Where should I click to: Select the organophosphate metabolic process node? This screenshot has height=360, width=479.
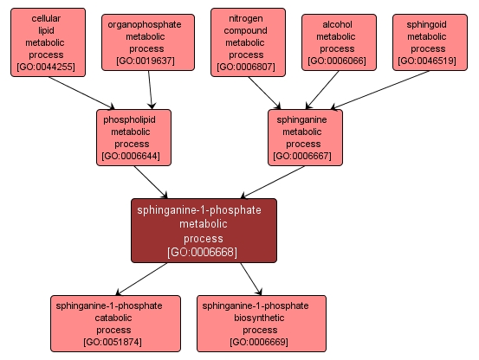145,42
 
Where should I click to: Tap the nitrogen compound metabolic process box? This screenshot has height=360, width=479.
245,42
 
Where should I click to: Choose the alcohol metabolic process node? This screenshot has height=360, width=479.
337,42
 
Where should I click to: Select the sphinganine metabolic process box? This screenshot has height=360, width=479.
303,137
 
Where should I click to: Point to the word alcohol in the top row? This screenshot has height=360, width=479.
337,27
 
